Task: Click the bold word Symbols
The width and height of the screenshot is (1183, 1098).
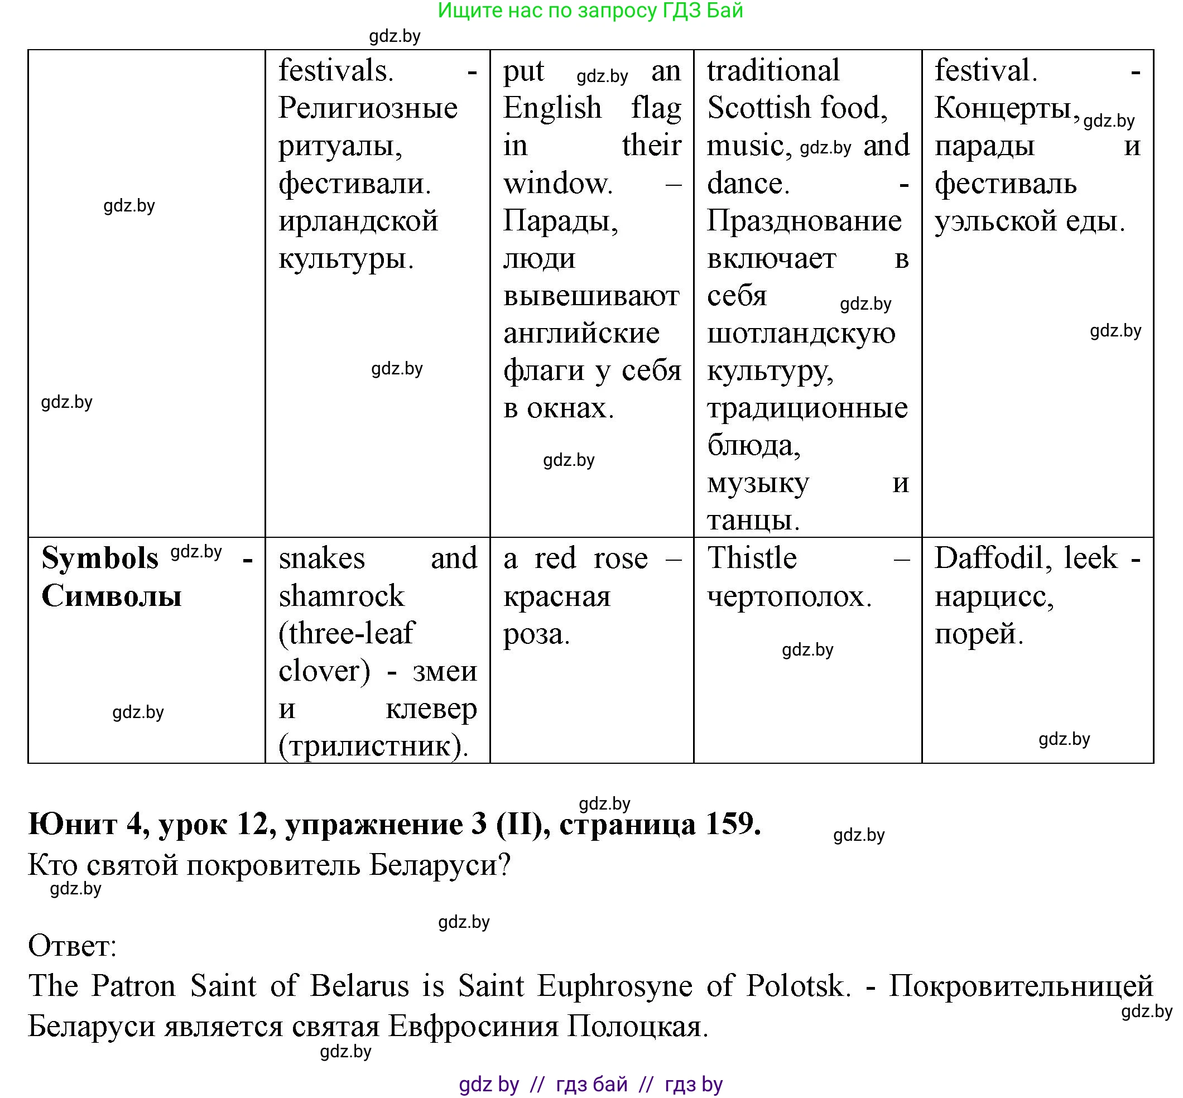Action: pyautogui.click(x=100, y=558)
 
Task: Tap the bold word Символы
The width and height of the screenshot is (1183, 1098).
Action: pyautogui.click(x=111, y=596)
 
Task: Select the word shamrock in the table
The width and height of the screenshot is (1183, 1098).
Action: pyautogui.click(x=341, y=596)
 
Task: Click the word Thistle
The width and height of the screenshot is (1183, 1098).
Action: pyautogui.click(x=751, y=558)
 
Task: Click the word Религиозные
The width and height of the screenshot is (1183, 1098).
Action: pyautogui.click(x=368, y=108)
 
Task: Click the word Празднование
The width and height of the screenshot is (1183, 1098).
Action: pyautogui.click(x=804, y=221)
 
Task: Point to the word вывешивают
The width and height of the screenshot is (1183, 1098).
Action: pyautogui.click(x=590, y=296)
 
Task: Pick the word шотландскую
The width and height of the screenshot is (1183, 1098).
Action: pyautogui.click(x=800, y=333)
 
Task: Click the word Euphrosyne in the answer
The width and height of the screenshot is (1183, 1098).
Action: pyautogui.click(x=614, y=986)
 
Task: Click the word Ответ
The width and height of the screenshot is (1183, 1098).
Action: pyautogui.click(x=72, y=946)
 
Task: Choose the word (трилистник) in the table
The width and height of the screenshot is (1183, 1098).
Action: pyautogui.click(x=373, y=745)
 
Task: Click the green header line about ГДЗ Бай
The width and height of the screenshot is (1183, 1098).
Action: pyautogui.click(x=590, y=11)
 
